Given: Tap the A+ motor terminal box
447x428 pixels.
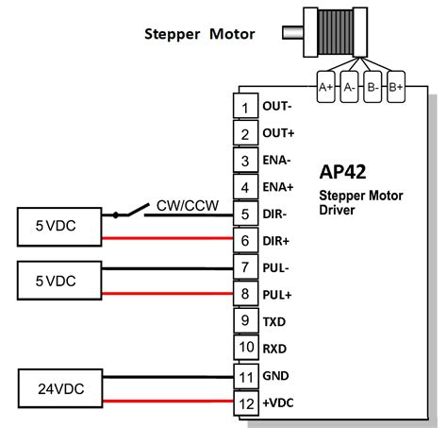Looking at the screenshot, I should tap(326, 87).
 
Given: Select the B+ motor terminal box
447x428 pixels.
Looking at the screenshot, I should tap(395, 87).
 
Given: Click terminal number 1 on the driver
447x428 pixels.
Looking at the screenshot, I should tap(245, 108).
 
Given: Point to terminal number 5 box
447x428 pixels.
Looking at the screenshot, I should tap(245, 214).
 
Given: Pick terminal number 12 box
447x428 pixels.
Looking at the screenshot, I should tap(245, 402).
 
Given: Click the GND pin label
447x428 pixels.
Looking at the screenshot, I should tap(276, 376).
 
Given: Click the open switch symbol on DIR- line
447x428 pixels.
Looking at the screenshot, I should tap(131, 210).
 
